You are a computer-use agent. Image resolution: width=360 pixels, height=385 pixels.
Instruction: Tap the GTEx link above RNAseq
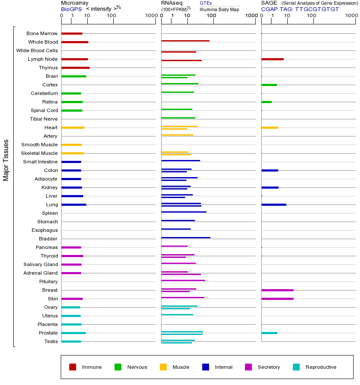click(x=206, y=3)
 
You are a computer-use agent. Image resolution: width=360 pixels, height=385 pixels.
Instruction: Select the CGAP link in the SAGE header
click(x=269, y=9)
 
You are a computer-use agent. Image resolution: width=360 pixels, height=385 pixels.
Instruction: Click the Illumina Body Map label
click(x=219, y=9)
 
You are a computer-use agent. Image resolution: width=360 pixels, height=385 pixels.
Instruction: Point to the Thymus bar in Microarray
click(x=75, y=68)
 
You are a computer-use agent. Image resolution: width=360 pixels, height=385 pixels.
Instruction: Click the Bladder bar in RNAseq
click(x=186, y=237)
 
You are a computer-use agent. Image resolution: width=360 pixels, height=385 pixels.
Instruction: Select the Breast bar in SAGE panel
click(x=277, y=290)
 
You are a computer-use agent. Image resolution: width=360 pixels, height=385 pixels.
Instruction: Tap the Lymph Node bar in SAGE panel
click(x=272, y=59)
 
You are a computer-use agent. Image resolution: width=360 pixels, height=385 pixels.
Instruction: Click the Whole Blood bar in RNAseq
click(x=185, y=41)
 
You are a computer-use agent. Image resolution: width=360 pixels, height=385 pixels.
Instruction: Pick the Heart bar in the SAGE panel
click(x=269, y=127)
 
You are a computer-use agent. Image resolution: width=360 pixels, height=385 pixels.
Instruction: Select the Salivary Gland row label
click(x=41, y=264)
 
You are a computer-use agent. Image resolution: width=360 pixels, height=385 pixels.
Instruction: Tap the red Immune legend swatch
click(x=73, y=367)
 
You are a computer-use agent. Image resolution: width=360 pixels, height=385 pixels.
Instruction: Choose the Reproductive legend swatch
click(x=296, y=367)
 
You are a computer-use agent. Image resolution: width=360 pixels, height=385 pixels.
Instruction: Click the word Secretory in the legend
click(x=269, y=367)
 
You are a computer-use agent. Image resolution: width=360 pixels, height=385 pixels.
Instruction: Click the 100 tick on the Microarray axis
click(x=112, y=16)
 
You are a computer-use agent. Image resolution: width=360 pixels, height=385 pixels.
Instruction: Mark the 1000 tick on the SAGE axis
click(x=351, y=16)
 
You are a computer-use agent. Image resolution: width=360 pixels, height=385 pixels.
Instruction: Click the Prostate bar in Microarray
click(x=74, y=333)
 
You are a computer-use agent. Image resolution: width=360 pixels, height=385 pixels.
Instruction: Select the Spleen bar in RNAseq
click(x=184, y=212)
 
